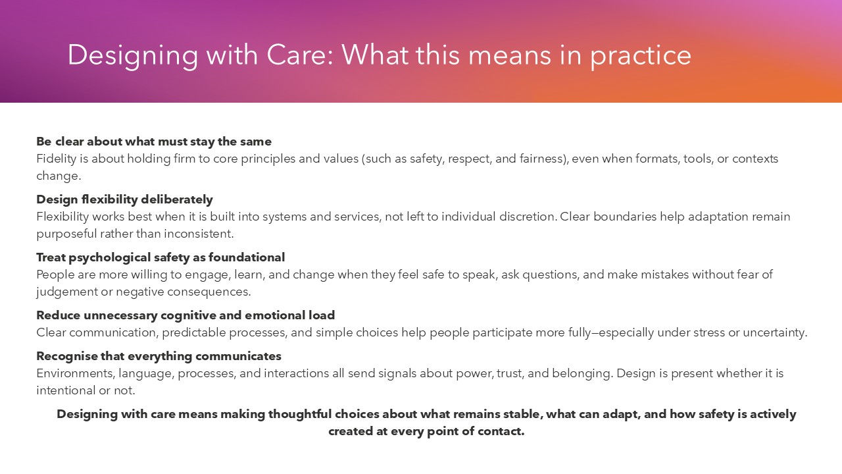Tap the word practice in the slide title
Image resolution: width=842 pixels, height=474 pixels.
pyautogui.click(x=640, y=55)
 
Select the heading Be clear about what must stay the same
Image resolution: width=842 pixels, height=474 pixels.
pyautogui.click(x=154, y=142)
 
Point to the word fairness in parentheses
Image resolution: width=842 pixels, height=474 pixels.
pyautogui.click(x=543, y=159)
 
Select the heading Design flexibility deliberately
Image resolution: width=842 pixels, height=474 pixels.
pyautogui.click(x=124, y=199)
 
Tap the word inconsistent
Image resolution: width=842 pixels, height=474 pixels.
pyautogui.click(x=200, y=234)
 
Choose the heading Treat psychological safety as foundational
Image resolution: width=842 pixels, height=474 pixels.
pyautogui.click(x=161, y=257)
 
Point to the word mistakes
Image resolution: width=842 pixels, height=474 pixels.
pyautogui.click(x=662, y=275)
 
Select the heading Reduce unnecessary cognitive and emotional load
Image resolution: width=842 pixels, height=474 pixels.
pyautogui.click(x=186, y=315)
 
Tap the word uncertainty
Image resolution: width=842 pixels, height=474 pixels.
pyautogui.click(x=776, y=332)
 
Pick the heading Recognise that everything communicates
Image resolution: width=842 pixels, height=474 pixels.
pyautogui.click(x=159, y=356)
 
